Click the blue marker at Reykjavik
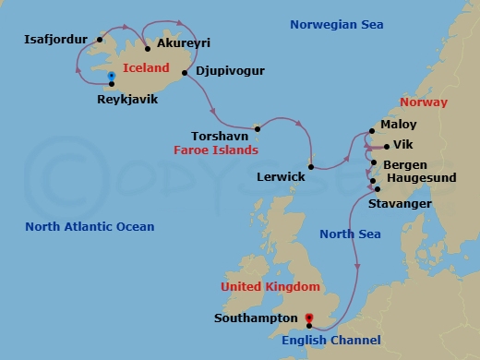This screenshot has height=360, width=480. pos(111,76)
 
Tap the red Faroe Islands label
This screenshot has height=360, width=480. pos(216,149)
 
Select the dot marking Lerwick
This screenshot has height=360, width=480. pos(312,167)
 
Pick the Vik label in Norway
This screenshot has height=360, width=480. pos(402,145)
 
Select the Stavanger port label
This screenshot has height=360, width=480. pos(399,201)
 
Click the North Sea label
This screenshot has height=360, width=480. pos(350,234)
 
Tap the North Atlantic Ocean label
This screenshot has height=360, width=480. pos(90,226)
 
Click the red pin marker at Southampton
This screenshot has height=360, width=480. pos(308,318)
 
